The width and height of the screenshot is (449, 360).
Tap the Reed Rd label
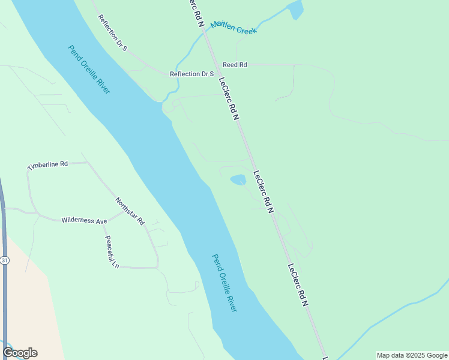(x=235, y=65)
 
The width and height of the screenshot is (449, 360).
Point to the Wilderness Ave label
(x=84, y=221)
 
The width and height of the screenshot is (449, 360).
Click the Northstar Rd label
(x=130, y=211)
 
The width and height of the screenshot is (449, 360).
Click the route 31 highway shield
(x=5, y=260)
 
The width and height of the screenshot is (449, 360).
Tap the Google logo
(x=20, y=353)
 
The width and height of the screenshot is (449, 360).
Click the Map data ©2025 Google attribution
(x=412, y=355)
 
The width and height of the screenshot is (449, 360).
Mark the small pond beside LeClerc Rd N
(x=238, y=179)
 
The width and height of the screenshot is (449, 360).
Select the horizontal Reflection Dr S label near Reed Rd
(x=192, y=74)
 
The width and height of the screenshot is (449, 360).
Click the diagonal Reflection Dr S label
(x=113, y=33)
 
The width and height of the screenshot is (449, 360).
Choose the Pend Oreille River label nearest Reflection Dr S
(x=89, y=70)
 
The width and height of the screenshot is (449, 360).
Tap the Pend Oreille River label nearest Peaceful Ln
(x=224, y=283)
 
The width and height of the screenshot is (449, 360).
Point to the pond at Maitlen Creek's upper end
(x=295, y=10)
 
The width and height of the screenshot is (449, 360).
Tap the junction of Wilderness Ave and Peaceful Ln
(x=103, y=223)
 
